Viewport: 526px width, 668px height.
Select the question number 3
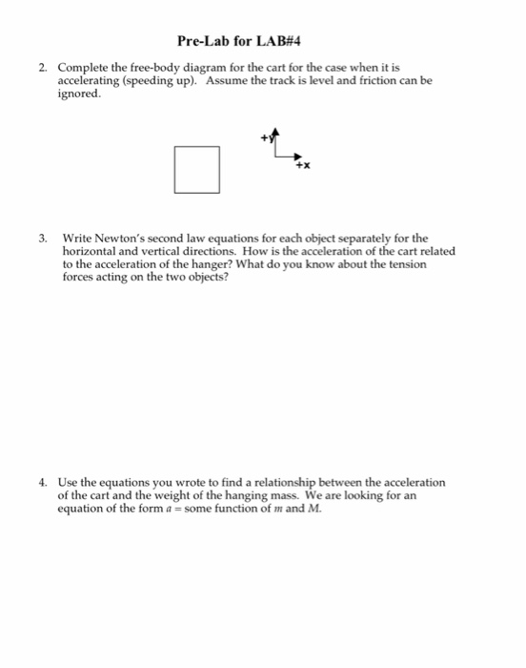coord(43,238)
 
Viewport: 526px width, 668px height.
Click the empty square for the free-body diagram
coord(197,169)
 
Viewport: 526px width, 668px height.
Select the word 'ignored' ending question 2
coord(78,94)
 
